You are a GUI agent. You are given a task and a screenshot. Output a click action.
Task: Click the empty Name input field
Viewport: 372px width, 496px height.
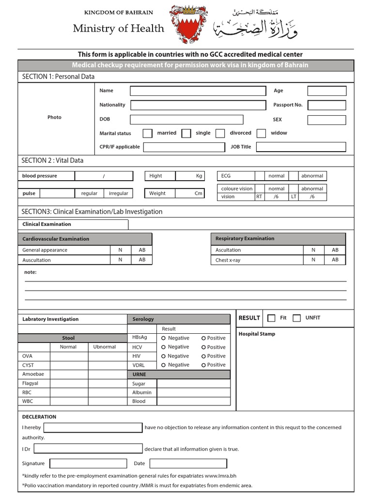coord(198,91)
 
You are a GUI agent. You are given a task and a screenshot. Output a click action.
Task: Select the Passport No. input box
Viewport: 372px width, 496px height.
coord(326,105)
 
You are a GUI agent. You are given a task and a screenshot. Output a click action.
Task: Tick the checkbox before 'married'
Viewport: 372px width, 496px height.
coord(147,133)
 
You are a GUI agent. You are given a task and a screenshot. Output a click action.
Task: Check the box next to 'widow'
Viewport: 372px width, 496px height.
coord(261,133)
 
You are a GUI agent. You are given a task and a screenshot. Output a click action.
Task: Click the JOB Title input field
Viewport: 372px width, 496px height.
coord(301,147)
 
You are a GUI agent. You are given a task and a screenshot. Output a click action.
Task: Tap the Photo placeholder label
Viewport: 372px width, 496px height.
coord(54,117)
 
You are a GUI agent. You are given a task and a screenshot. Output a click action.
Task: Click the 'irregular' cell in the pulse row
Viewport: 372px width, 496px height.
coord(119,193)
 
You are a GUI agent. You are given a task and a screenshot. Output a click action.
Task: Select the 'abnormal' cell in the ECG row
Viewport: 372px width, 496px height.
coord(312,176)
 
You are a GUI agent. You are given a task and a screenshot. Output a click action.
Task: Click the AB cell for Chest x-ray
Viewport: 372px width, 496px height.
coord(335,260)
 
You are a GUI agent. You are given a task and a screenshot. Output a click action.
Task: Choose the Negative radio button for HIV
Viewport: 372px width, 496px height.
coord(164,356)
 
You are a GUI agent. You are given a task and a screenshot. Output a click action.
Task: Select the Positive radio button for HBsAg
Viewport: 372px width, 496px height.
coord(203,338)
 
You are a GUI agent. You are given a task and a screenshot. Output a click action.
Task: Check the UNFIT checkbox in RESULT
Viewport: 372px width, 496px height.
coord(297,318)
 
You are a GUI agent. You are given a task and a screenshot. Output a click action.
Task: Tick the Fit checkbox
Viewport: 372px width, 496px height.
coord(271,318)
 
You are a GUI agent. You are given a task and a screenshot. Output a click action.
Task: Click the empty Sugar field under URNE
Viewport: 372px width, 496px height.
coord(193,384)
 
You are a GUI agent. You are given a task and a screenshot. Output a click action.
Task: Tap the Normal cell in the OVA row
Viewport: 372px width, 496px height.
coord(68,356)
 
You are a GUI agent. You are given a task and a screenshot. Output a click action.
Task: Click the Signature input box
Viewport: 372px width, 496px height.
coord(88,464)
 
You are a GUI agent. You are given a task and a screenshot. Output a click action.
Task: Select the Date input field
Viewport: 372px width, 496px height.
coord(188,464)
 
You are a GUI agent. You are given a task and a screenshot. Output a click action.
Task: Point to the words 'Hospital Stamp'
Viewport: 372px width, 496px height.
coord(257,334)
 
